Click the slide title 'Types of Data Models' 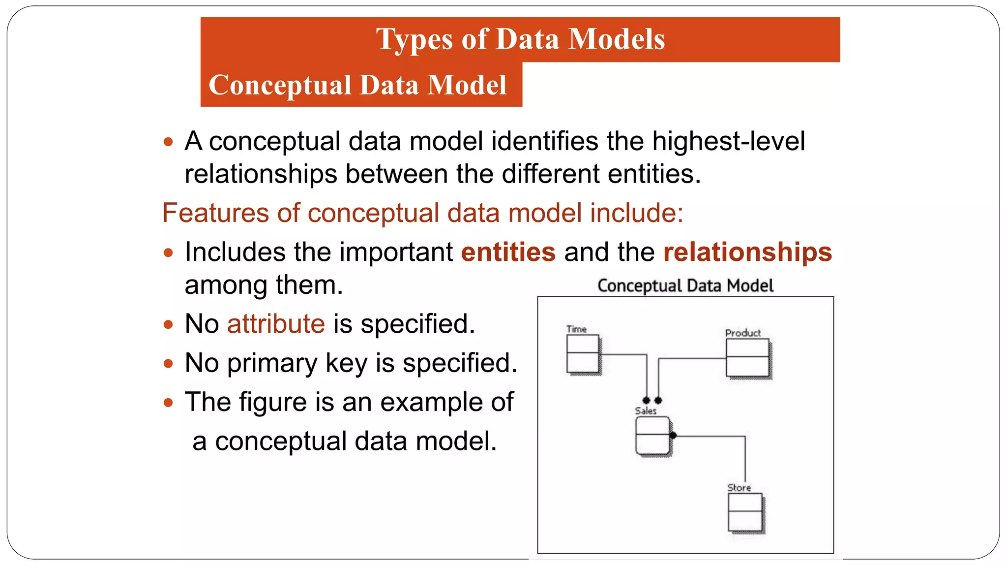point(520,39)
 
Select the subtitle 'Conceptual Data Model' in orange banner point(357,85)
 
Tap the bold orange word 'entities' point(508,252)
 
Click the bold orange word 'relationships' point(747,252)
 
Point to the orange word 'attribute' point(276,324)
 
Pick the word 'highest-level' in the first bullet point(728,141)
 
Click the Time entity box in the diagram point(583,354)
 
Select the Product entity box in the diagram point(747,358)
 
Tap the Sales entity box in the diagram point(652,435)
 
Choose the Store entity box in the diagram point(745,512)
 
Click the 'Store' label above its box point(739,487)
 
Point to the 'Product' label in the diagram point(743,333)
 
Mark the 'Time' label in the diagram point(576,329)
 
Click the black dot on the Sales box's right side point(673,435)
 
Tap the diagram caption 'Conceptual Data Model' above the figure point(685,285)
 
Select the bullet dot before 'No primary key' point(169,364)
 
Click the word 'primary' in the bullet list point(272,363)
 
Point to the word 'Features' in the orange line point(215,213)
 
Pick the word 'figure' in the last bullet point(273,402)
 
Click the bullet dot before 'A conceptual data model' point(169,142)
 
